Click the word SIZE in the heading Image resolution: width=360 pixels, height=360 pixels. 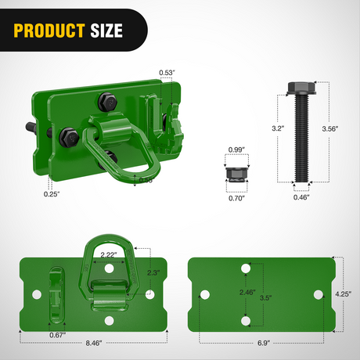[x=105, y=31]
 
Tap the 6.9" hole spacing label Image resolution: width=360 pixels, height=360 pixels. [x=262, y=341]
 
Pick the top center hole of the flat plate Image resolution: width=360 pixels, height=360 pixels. [x=246, y=268]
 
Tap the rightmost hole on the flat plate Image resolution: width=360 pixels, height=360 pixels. [x=319, y=295]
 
